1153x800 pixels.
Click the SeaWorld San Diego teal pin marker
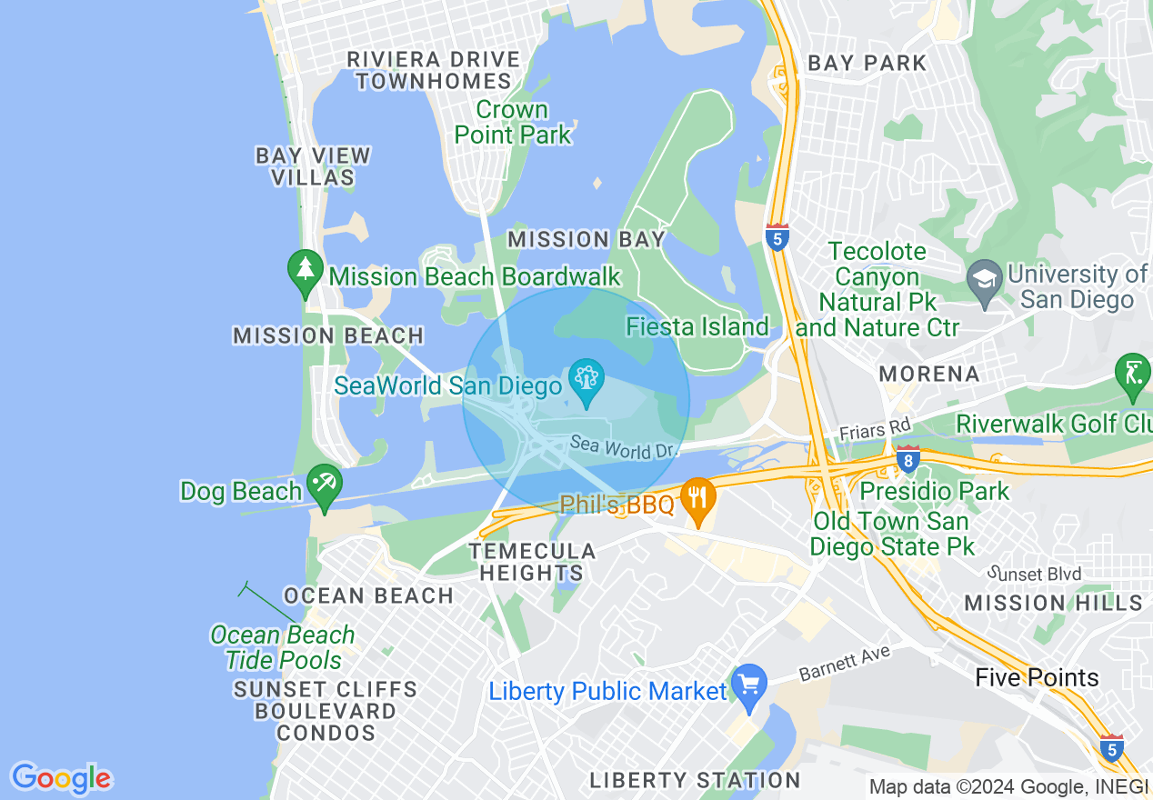click(x=586, y=380)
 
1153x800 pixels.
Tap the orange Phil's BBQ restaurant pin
click(x=697, y=499)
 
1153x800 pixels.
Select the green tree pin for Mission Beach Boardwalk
click(x=305, y=271)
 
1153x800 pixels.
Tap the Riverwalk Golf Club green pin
click(x=1132, y=375)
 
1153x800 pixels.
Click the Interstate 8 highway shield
click(x=907, y=459)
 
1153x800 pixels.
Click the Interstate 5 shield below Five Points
click(x=1110, y=748)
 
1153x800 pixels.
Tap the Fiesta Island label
click(x=697, y=326)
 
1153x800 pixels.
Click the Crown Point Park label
click(x=513, y=123)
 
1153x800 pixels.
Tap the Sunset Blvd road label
click(x=1036, y=574)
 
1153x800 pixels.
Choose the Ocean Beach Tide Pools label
click(x=283, y=647)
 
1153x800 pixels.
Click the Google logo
click(x=61, y=778)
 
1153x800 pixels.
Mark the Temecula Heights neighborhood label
click(x=532, y=562)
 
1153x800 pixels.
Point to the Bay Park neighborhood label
click(x=867, y=63)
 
